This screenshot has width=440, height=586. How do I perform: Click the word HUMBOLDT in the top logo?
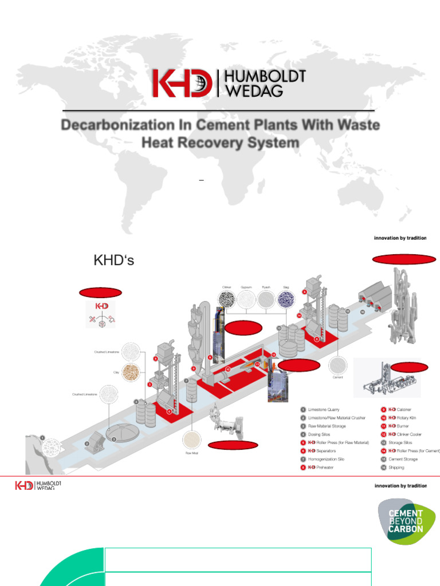coord(262,77)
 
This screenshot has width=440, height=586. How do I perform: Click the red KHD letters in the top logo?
coord(182,84)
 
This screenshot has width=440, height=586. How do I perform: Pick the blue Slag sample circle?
coord(285,300)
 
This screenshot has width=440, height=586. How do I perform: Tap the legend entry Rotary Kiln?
coord(406,418)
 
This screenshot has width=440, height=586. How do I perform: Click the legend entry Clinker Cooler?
coord(409,434)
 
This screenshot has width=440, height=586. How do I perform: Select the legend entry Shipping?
coord(396,468)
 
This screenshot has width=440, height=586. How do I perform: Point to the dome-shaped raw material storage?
coord(119,432)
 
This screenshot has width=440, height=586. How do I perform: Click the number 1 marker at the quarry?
coord(42,437)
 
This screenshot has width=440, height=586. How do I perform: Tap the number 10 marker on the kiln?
coord(227,369)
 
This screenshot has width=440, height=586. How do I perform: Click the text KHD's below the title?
coord(113,262)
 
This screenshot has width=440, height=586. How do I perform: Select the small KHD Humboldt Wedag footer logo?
coord(38,486)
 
